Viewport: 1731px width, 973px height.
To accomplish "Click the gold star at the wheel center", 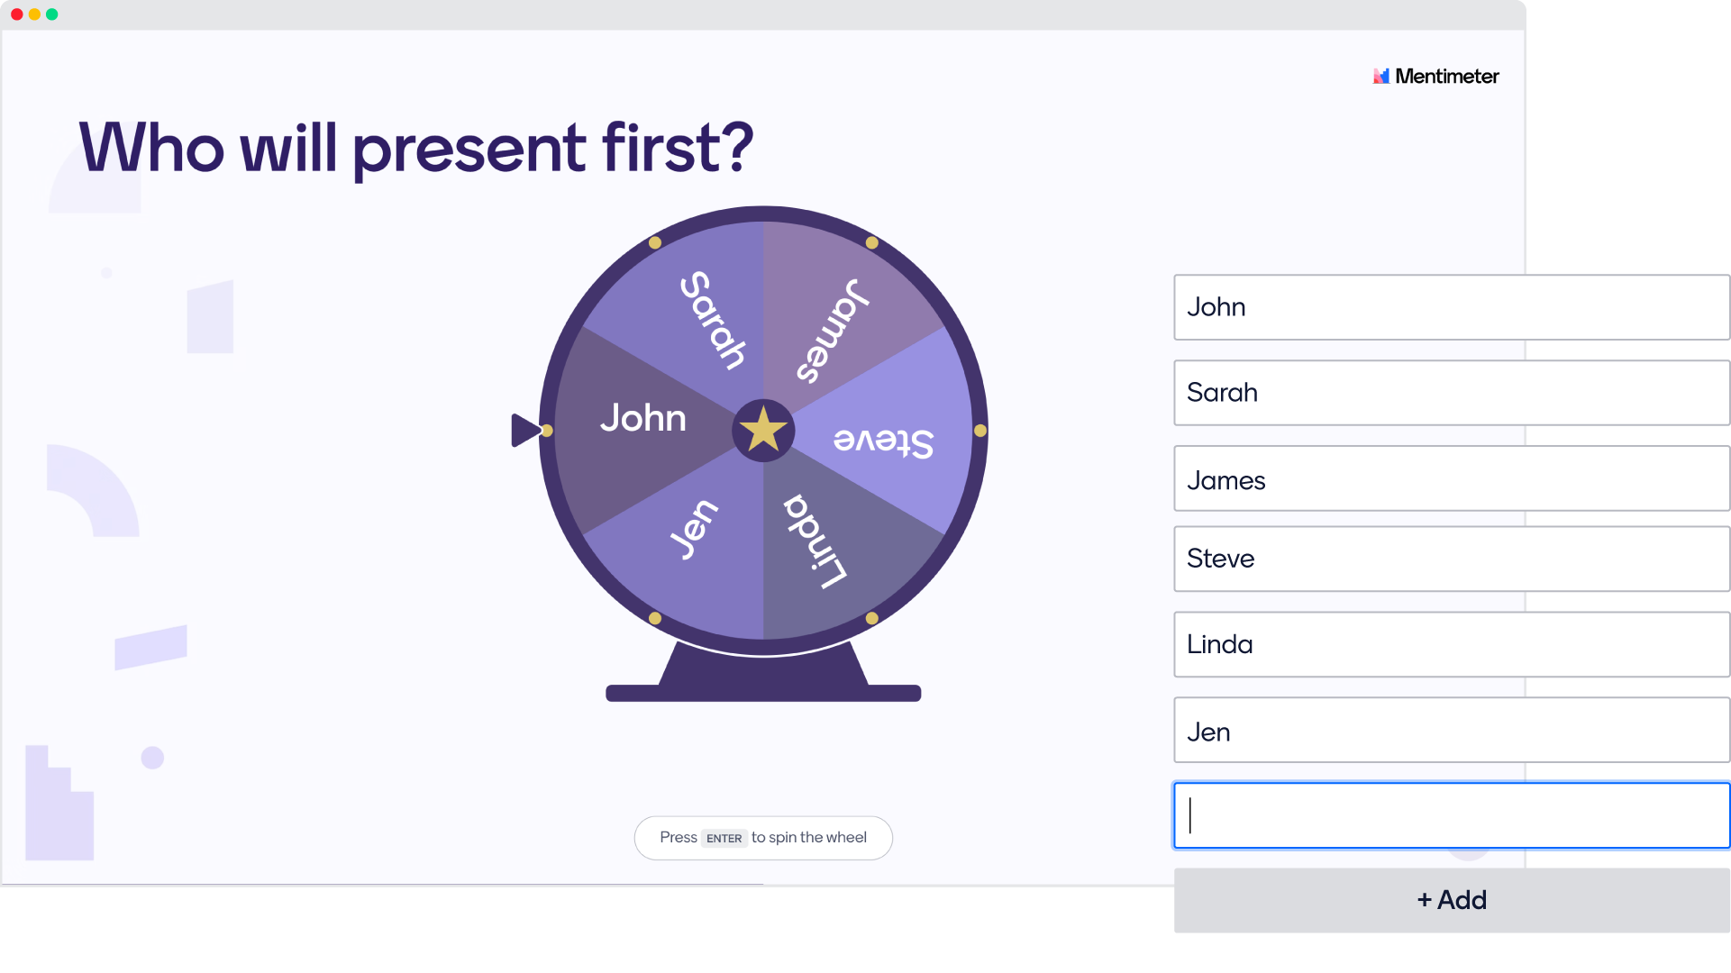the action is point(763,429).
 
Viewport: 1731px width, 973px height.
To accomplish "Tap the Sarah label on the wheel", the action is point(713,320).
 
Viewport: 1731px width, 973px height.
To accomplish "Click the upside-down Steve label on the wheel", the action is point(883,441).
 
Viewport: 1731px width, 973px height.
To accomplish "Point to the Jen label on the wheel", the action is point(693,530).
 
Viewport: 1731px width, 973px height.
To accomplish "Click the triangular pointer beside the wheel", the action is point(525,430).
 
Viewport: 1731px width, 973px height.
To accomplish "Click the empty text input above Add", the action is point(1452,815).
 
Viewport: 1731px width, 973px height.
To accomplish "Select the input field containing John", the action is point(1452,307).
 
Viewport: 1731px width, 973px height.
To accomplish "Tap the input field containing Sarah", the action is point(1452,393).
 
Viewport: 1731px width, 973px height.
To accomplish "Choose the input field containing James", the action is point(1452,478).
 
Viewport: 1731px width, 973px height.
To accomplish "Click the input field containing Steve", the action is point(1452,559).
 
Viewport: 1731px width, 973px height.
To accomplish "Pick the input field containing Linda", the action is point(1452,644).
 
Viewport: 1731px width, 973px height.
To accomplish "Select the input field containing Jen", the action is point(1452,730).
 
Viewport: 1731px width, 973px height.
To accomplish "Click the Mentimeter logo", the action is point(1435,77).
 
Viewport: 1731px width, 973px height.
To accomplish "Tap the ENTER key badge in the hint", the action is point(724,838).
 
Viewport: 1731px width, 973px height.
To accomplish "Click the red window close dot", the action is point(17,14).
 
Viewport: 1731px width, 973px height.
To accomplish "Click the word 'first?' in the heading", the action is point(678,147).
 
